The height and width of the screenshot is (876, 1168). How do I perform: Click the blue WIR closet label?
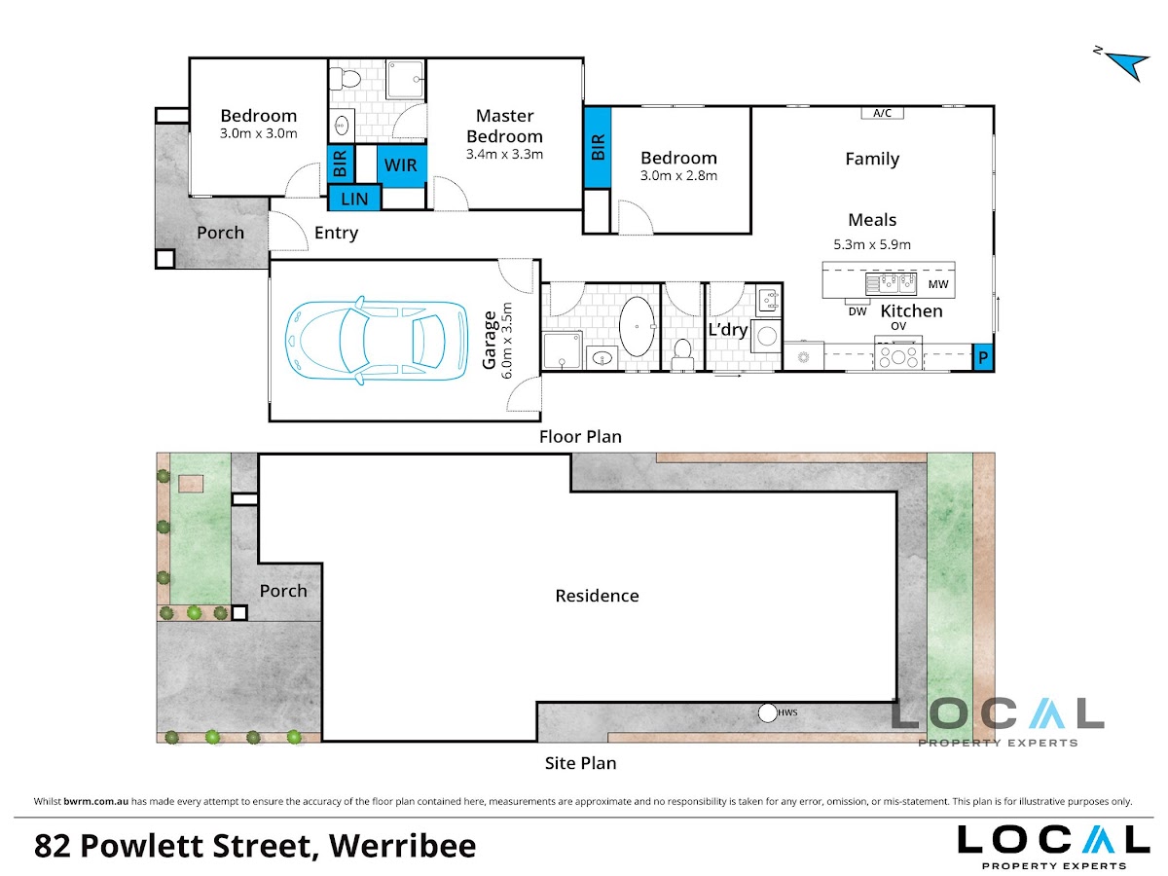pos(400,164)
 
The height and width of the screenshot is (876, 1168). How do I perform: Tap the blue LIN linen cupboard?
pos(354,199)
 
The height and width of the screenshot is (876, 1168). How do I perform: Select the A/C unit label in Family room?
pos(882,113)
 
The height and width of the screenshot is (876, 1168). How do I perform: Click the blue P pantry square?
pos(983,357)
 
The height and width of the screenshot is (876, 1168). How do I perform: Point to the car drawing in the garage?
pos(377,341)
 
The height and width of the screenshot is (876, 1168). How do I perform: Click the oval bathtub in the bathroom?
pos(637,326)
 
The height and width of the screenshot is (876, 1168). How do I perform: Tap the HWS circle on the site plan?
pos(767,712)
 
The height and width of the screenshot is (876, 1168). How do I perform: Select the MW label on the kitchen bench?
pos(937,284)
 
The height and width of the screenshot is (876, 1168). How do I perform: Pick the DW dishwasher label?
pos(858,311)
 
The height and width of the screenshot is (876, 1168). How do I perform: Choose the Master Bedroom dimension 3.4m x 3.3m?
pos(504,154)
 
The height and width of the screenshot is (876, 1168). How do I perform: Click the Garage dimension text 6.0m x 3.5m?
pos(507,341)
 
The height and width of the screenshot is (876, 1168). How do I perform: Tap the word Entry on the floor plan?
pos(336,233)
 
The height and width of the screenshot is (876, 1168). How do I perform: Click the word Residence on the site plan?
pos(597,596)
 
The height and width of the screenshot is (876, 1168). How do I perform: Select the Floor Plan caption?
pos(580,437)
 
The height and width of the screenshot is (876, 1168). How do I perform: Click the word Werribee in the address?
pos(402,846)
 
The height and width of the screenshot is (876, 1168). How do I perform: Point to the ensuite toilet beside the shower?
pos(345,79)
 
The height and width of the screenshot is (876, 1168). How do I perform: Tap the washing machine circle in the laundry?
pos(767,336)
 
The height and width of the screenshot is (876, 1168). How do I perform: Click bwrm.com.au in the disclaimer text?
pos(95,801)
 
